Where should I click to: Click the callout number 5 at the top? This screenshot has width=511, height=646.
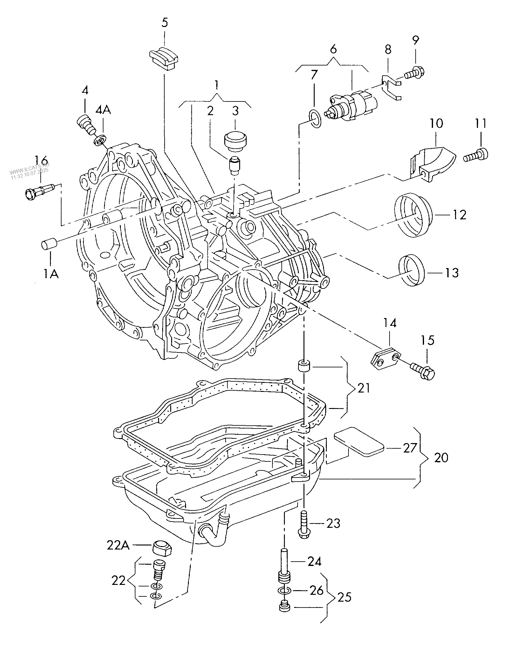click(x=164, y=23)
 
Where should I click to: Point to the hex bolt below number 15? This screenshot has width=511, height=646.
click(x=424, y=371)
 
